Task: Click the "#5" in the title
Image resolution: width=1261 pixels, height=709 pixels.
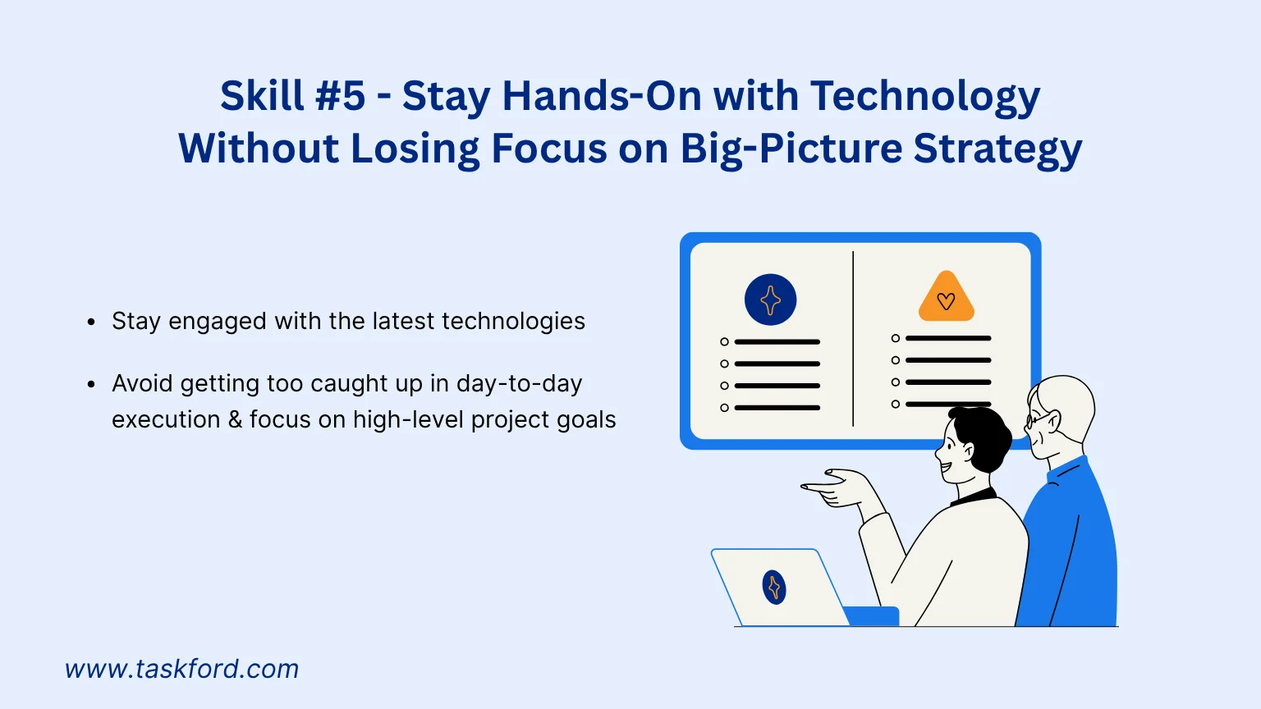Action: (x=340, y=96)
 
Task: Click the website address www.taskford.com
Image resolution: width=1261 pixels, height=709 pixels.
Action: (x=182, y=669)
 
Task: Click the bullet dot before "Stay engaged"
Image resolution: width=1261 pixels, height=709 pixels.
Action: (x=91, y=322)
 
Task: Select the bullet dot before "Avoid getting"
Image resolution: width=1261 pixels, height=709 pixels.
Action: (x=91, y=384)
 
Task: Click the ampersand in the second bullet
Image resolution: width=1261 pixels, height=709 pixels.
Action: (x=235, y=419)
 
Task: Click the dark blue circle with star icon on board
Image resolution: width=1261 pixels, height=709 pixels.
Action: (x=770, y=300)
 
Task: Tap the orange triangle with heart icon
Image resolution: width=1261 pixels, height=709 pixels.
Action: (x=946, y=298)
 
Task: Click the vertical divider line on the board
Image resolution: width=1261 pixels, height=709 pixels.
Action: (x=853, y=338)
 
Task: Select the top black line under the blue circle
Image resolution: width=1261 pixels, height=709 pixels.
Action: (x=777, y=341)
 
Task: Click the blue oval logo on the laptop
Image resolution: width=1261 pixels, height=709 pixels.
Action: (x=774, y=588)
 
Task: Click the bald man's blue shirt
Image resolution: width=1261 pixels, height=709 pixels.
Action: (x=1071, y=550)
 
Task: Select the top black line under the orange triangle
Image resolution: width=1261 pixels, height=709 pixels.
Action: (x=947, y=338)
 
